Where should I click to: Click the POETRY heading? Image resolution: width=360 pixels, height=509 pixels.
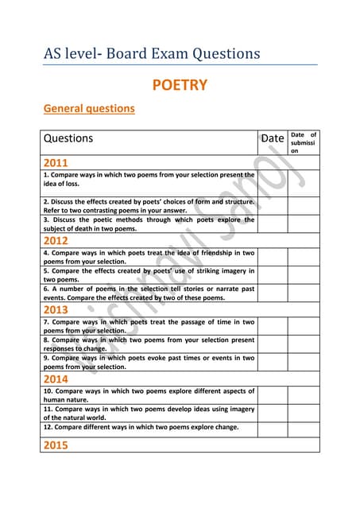click(x=180, y=84)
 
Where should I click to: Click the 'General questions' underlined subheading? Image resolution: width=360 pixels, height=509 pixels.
click(x=88, y=108)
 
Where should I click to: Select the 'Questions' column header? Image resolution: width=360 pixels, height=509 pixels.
click(x=68, y=138)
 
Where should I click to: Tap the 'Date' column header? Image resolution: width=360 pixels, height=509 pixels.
click(x=272, y=138)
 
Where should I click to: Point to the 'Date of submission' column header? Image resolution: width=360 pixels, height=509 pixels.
click(x=303, y=142)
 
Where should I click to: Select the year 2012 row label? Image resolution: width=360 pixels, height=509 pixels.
click(x=57, y=240)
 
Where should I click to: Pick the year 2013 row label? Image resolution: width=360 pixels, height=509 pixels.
click(x=57, y=309)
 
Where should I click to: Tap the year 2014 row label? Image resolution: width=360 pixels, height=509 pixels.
click(x=57, y=379)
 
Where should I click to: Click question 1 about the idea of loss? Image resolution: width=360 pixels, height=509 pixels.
click(x=149, y=178)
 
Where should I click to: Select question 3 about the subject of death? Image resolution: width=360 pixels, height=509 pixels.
click(x=149, y=224)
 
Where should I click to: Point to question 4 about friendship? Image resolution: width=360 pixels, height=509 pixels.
click(x=149, y=256)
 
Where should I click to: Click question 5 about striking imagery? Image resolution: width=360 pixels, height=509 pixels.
click(x=149, y=274)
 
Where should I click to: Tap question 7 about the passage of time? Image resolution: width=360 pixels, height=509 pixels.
click(x=149, y=326)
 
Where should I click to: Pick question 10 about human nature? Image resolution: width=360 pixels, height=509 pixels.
click(x=149, y=395)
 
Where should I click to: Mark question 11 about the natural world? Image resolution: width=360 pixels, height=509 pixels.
click(x=149, y=412)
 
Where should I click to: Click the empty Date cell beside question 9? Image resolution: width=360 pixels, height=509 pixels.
click(x=272, y=363)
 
